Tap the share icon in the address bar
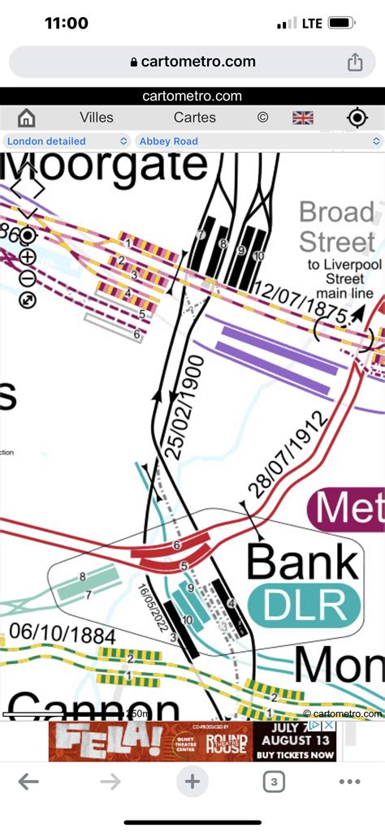coord(354,63)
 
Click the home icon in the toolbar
coord(26,118)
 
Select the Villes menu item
coord(97,118)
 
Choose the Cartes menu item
coord(195,118)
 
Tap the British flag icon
coord(303,118)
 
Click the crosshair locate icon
coord(357,118)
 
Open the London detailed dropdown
coord(67,141)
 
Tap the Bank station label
coord(303,562)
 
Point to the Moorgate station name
coord(104,166)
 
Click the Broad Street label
coord(336,227)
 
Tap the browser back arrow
coord(28,782)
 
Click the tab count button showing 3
coord(272,782)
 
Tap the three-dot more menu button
coord(349,782)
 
